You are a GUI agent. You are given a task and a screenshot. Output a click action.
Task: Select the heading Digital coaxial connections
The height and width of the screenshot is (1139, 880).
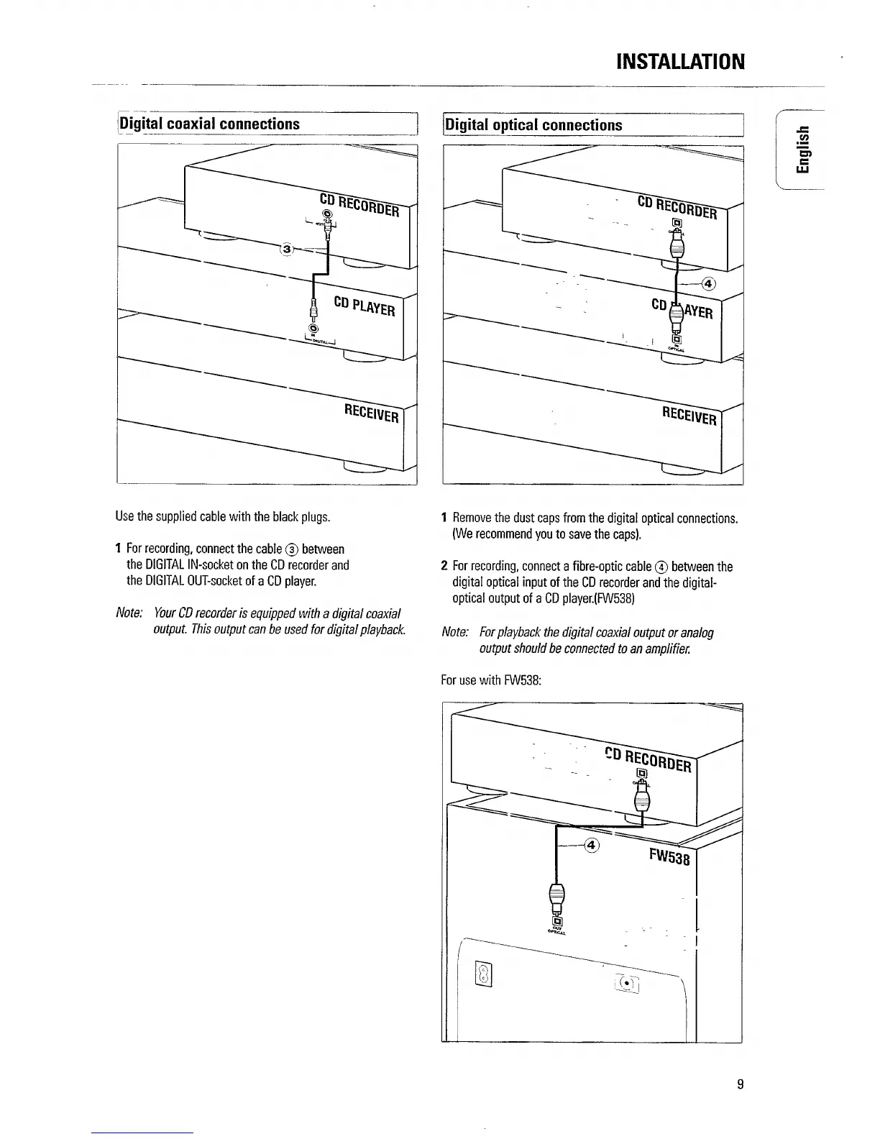tap(210, 124)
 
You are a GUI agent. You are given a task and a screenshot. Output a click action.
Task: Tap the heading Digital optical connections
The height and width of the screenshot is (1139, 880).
tap(533, 125)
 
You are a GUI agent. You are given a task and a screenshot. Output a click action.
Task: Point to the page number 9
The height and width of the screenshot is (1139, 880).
tap(740, 1085)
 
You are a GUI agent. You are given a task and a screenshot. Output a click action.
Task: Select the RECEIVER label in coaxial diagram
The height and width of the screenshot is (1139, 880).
tap(371, 413)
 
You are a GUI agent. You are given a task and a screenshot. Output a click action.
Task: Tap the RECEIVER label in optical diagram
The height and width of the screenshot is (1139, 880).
tap(689, 415)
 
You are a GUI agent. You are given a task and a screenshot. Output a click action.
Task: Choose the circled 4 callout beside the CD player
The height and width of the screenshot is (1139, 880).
tap(708, 283)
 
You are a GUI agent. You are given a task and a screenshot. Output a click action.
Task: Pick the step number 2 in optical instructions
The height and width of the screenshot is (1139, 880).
tap(445, 567)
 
